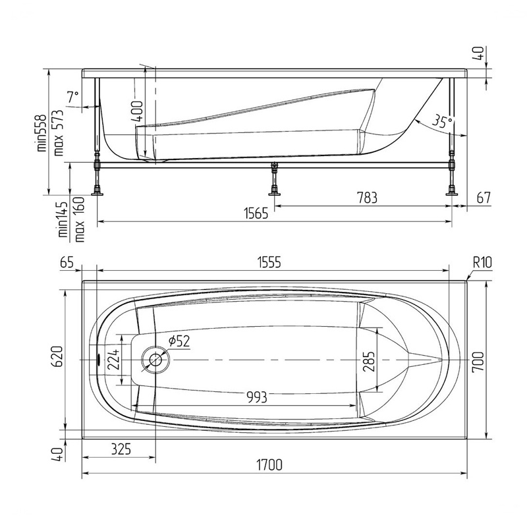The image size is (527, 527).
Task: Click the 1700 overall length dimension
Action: pos(269,465)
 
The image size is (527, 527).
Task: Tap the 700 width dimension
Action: pos(478,362)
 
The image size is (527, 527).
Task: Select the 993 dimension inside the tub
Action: pos(257,398)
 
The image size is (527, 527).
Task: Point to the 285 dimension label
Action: pos(369,362)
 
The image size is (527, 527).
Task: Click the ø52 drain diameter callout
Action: pos(179,341)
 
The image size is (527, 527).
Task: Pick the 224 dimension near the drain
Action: pos(113,360)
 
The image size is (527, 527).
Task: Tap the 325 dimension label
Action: pos(121,449)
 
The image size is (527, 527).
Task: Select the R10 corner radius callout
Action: pos(482,262)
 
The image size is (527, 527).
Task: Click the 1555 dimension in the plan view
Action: pos(269,262)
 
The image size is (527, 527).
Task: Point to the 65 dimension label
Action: pos(67,262)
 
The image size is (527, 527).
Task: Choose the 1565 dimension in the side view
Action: pos(256,213)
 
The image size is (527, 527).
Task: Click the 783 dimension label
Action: pos(367,198)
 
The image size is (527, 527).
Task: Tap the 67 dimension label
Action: pos(484,198)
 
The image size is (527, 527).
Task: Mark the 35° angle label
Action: pos(442,122)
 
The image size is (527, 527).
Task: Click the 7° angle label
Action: pos(72,97)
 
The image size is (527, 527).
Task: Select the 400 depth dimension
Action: pos(137,111)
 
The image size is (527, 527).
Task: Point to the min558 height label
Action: pos(42,133)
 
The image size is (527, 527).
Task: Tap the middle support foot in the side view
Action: pos(275,179)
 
